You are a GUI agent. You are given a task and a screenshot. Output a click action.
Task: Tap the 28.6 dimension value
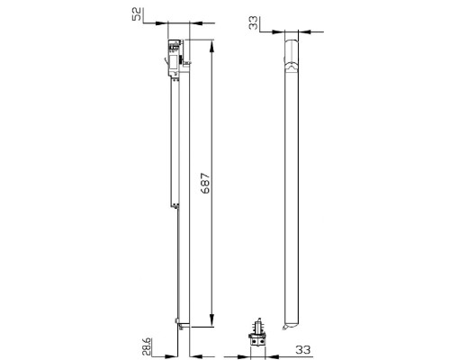(148, 346)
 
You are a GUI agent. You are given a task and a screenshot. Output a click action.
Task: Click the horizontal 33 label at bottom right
(303, 348)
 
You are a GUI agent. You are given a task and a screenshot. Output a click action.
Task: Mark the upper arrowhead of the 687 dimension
(211, 44)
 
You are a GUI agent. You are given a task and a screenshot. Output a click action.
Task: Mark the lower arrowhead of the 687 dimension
(211, 323)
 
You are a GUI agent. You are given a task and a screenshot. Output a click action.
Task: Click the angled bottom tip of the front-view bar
(289, 325)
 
